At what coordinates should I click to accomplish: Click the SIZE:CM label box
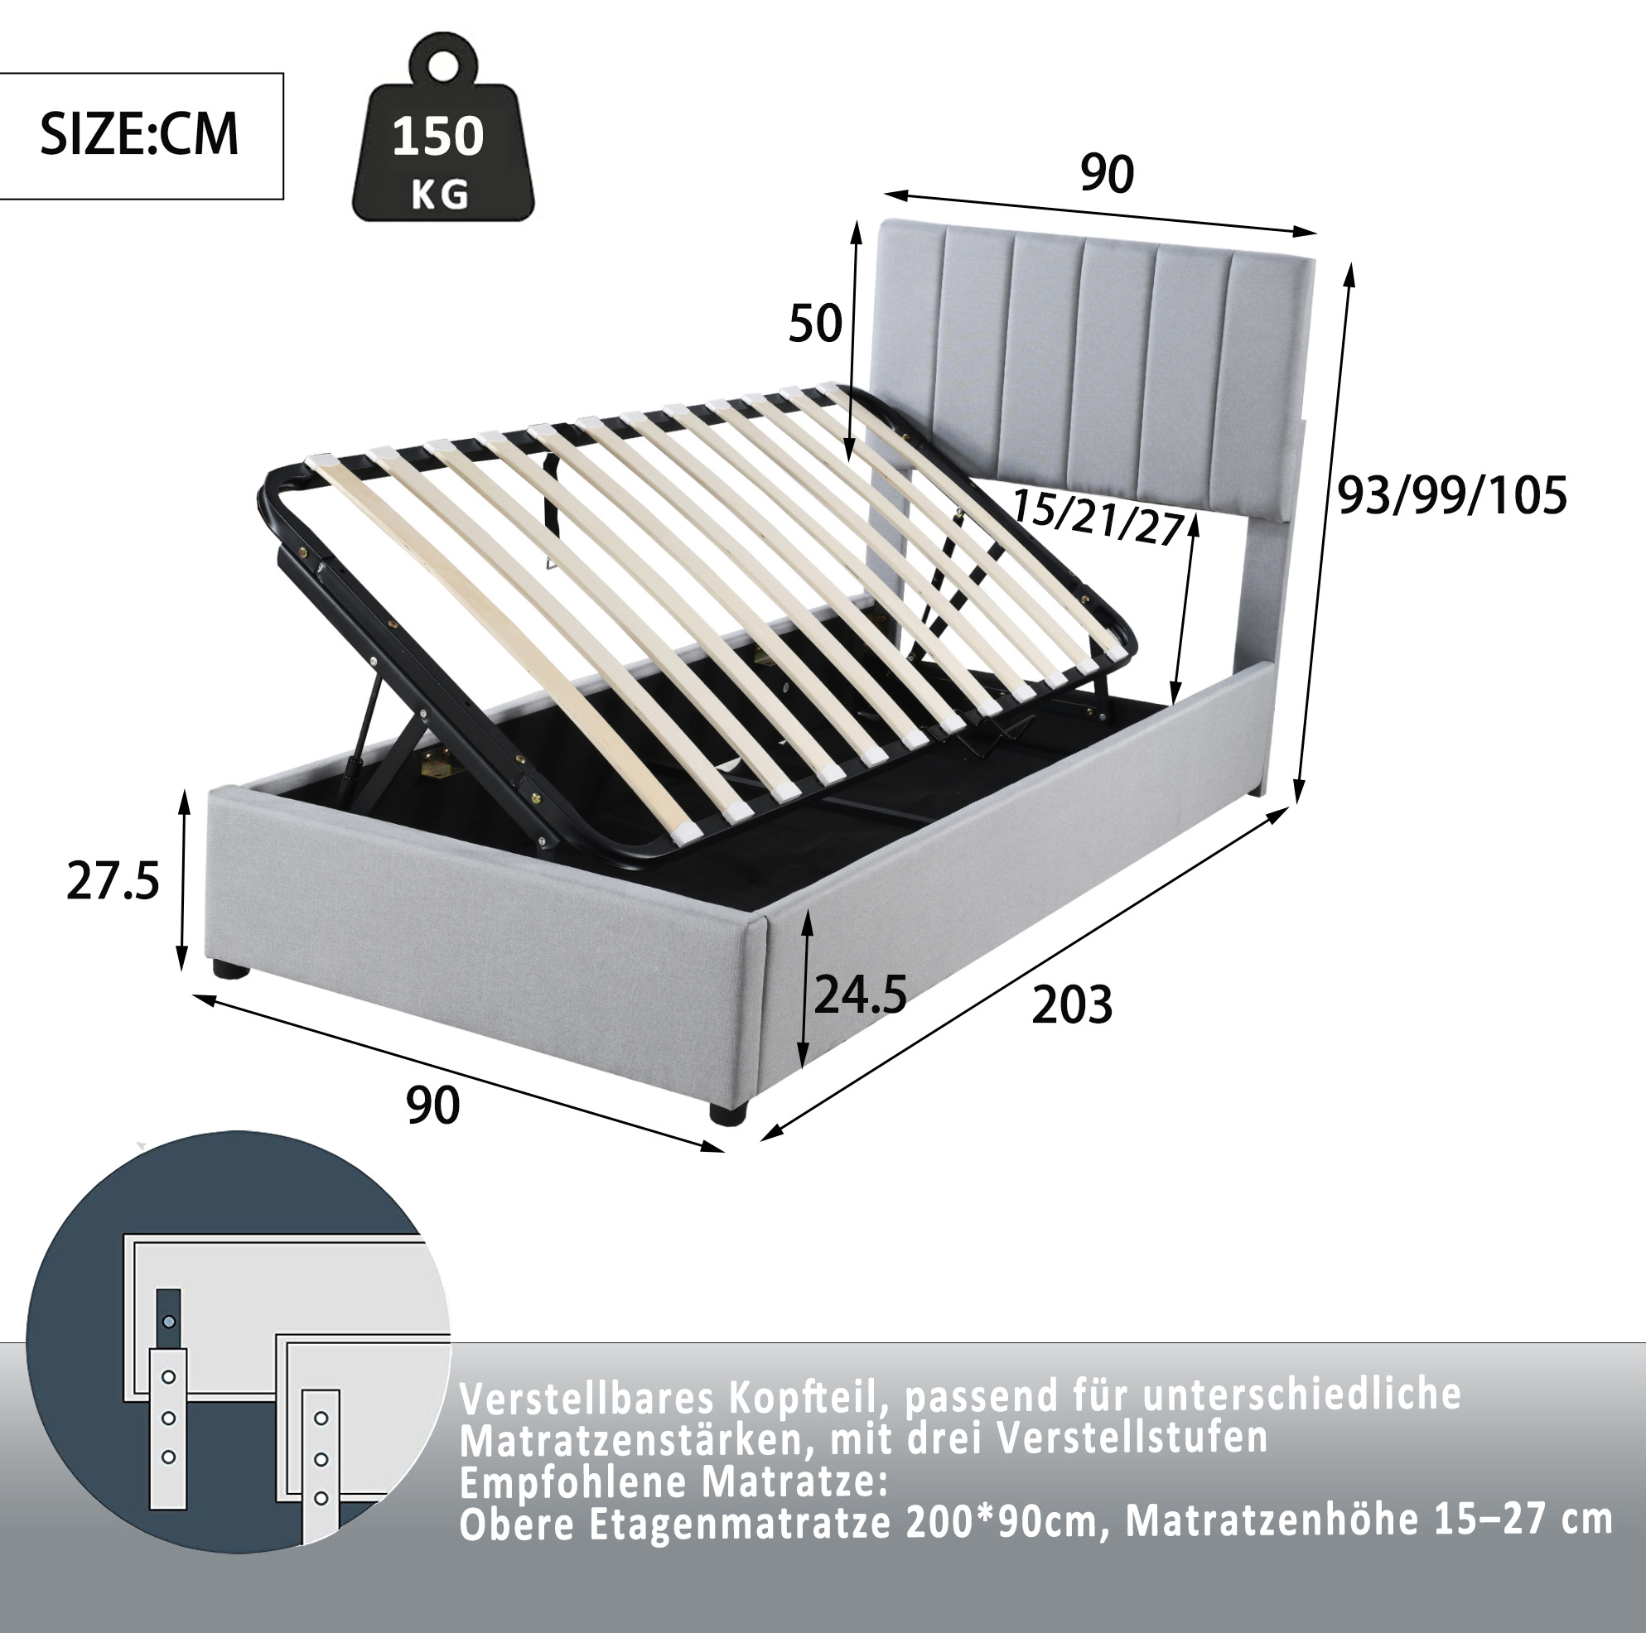[141, 137]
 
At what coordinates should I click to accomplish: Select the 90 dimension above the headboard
[1107, 174]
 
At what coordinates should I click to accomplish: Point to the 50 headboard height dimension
[814, 324]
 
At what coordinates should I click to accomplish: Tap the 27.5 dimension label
[113, 881]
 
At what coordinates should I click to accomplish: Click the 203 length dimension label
[1072, 1005]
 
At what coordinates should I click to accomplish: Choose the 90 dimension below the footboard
[432, 1106]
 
